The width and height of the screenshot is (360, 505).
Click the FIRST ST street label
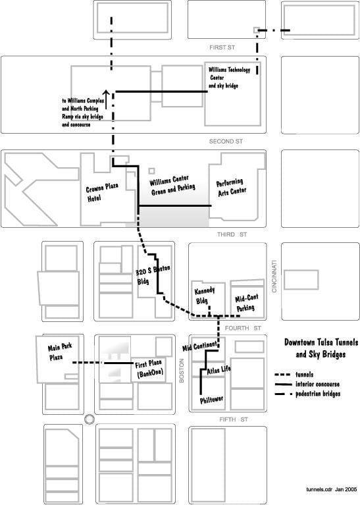coord(222,47)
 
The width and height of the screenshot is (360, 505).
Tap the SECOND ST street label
coord(226,142)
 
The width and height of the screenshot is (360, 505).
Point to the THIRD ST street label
coord(232,234)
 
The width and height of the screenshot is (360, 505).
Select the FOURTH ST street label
coord(243,328)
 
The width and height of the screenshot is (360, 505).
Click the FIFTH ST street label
coord(234,419)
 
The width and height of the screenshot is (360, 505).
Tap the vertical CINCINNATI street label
coord(274,277)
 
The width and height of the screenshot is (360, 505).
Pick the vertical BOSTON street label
coord(182,371)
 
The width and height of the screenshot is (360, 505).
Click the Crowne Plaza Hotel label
coord(102,192)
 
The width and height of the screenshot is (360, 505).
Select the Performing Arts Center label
coord(232,188)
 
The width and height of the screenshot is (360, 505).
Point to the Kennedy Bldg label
coord(204,296)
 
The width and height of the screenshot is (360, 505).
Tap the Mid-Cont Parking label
coord(246,303)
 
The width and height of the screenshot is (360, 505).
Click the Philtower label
coord(211,400)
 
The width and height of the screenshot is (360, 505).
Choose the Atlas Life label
coord(219,370)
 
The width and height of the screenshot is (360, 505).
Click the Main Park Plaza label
coord(60,352)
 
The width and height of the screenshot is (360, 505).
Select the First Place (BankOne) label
coord(149,369)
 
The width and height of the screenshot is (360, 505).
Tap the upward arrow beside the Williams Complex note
coord(106,99)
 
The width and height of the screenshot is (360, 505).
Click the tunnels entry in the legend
coord(294,374)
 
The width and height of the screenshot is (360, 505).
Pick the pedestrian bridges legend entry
coord(307,394)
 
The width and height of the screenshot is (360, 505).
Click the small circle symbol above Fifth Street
coord(90,419)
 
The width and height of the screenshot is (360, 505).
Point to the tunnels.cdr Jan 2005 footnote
coord(331,489)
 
